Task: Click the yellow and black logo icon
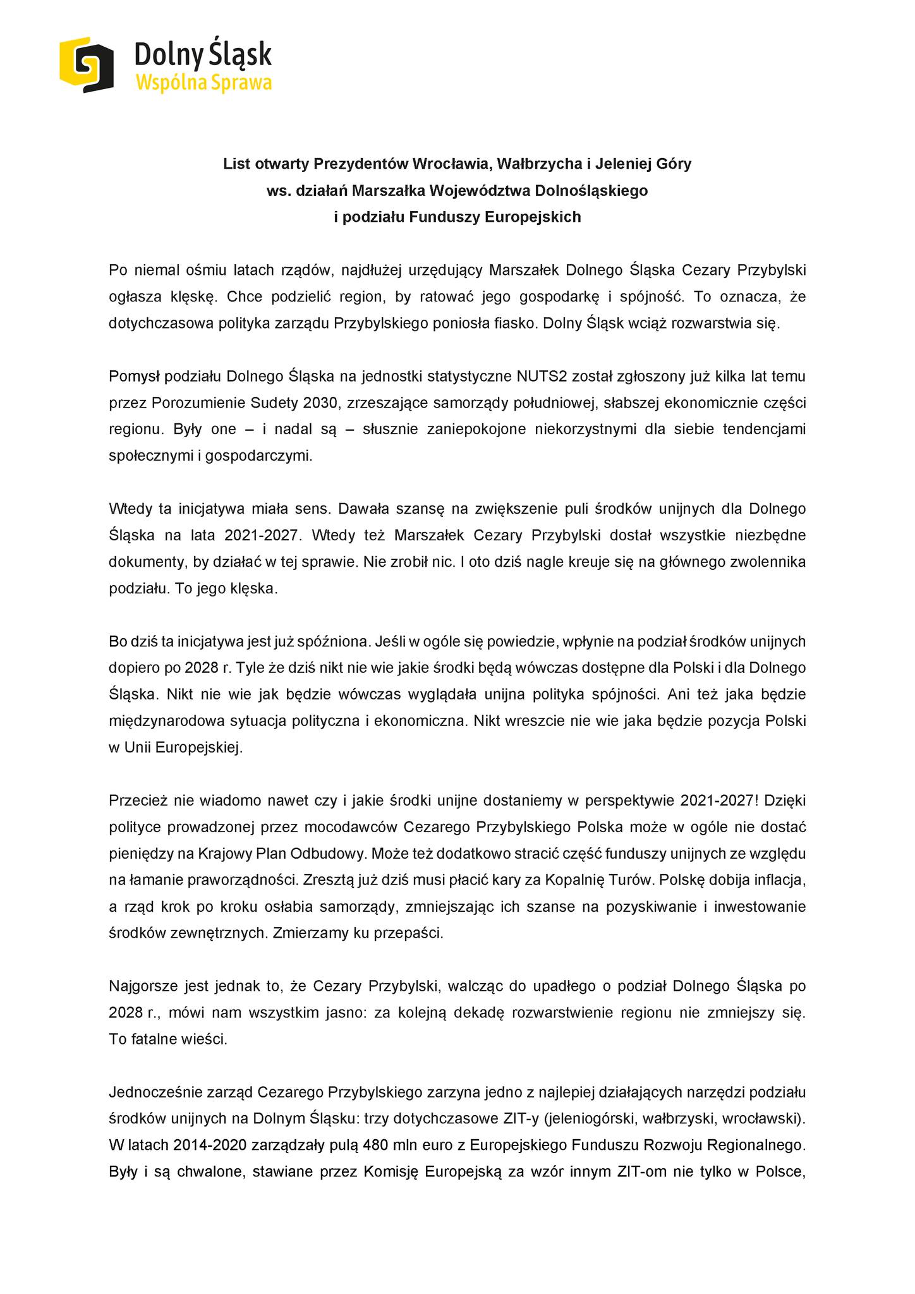(x=86, y=64)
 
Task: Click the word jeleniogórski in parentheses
(x=591, y=1120)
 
